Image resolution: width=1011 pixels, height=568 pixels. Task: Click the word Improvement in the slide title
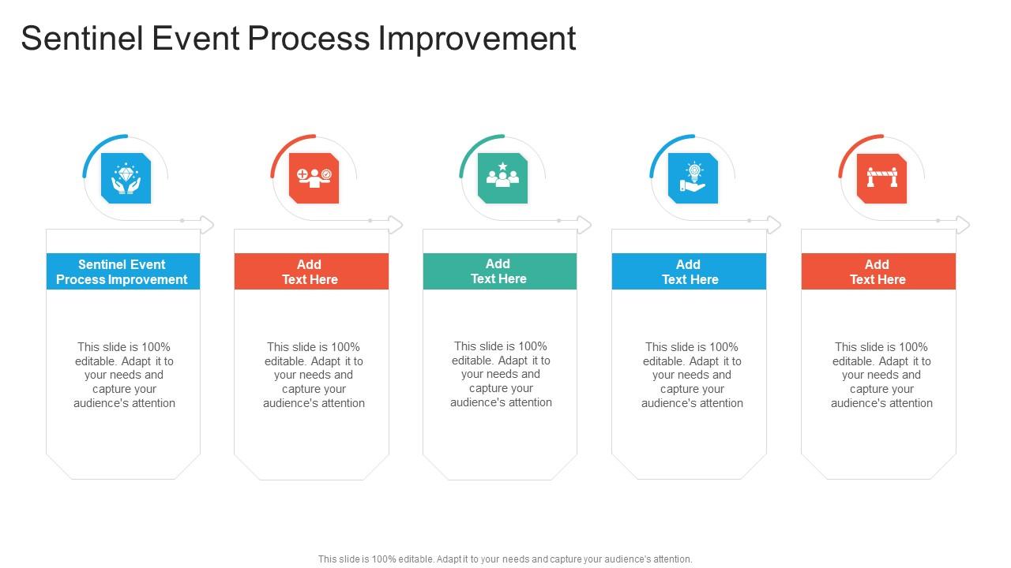pyautogui.click(x=477, y=39)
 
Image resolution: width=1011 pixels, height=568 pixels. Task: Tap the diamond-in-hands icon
pyautogui.click(x=126, y=178)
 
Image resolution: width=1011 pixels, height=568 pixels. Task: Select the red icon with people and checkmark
pyautogui.click(x=314, y=178)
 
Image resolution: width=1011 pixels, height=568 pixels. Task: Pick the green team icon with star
pyautogui.click(x=503, y=178)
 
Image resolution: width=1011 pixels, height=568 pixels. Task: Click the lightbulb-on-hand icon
pyautogui.click(x=693, y=178)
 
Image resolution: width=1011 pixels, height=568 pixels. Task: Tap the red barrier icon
pyautogui.click(x=881, y=178)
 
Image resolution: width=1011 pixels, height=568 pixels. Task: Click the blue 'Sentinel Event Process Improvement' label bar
pyautogui.click(x=122, y=271)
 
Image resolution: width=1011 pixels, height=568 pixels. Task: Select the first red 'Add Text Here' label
pyautogui.click(x=311, y=271)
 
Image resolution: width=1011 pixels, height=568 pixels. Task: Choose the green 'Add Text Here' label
pyautogui.click(x=499, y=271)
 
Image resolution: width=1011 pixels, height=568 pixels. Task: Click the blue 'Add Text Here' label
pyautogui.click(x=689, y=271)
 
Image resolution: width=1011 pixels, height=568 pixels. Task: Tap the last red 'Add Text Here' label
pyautogui.click(x=878, y=271)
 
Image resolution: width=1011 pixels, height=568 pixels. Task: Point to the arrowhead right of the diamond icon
pyautogui.click(x=208, y=225)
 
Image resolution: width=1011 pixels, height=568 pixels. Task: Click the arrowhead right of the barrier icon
pyautogui.click(x=964, y=225)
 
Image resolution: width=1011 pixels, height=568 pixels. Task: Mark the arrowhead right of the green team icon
pyautogui.click(x=585, y=225)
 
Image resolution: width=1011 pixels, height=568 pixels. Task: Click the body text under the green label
pyautogui.click(x=501, y=374)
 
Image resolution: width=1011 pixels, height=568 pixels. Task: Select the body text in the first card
pyautogui.click(x=124, y=375)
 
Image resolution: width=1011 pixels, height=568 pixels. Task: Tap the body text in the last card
pyautogui.click(x=881, y=375)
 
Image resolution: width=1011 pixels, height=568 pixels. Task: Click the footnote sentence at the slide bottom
pyautogui.click(x=505, y=559)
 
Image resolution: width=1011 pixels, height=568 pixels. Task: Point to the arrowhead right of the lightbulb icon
pyautogui.click(x=775, y=225)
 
